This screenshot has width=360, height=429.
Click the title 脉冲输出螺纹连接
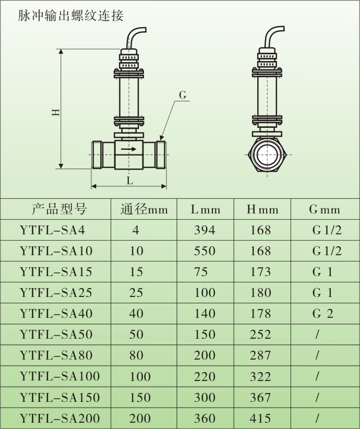70,15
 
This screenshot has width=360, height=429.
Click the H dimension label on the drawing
56,112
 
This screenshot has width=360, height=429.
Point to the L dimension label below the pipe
129,181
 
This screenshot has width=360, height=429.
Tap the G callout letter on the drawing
183,95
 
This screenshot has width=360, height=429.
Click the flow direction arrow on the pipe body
128,149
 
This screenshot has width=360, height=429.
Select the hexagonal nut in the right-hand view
267,154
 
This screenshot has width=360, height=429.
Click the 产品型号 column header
59,209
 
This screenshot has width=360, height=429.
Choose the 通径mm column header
144,209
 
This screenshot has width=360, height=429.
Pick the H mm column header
262,210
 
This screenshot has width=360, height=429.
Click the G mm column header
325,210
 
